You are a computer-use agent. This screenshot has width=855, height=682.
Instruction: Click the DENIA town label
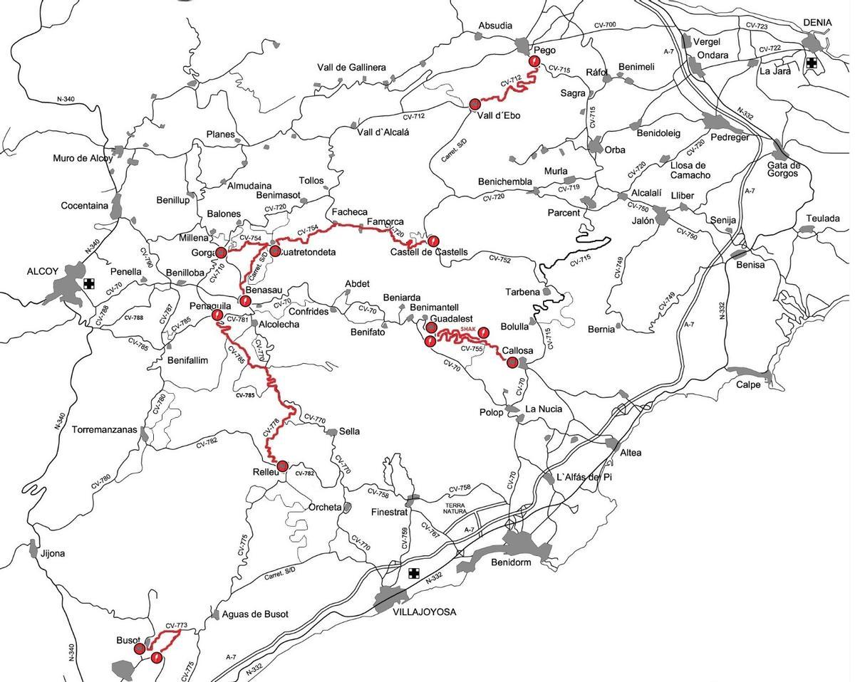tap(817, 23)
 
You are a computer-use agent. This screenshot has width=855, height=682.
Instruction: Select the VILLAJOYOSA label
tap(423, 612)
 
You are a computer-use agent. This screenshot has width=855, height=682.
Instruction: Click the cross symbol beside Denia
tap(811, 63)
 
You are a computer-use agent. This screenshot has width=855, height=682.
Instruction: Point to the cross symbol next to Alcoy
tap(88, 283)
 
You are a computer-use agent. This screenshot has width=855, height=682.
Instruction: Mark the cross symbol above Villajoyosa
tap(414, 573)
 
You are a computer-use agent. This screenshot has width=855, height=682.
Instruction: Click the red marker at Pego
tap(534, 62)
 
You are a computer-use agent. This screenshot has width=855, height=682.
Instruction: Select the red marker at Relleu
tap(282, 466)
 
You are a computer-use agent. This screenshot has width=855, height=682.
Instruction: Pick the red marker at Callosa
tap(512, 362)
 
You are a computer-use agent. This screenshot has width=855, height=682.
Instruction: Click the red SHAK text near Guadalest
tap(467, 329)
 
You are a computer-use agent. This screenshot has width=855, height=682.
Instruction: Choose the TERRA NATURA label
tap(454, 508)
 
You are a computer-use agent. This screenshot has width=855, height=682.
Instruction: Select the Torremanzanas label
tap(105, 430)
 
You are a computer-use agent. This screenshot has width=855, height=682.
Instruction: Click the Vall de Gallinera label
tap(351, 68)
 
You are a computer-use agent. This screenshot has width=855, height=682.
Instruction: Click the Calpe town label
tap(748, 385)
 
